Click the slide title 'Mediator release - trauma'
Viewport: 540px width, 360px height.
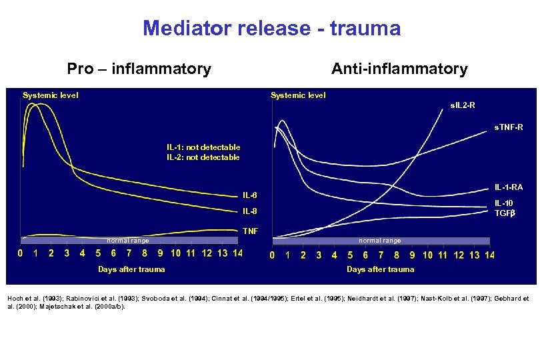pyautogui.click(x=271, y=29)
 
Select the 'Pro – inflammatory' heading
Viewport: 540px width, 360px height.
pyautogui.click(x=139, y=69)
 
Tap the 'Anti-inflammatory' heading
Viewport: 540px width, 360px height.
pyautogui.click(x=399, y=69)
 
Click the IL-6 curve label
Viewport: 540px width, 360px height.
pyautogui.click(x=249, y=195)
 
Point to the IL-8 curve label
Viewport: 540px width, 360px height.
pyautogui.click(x=249, y=211)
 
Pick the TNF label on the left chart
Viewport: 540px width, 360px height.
pyautogui.click(x=250, y=231)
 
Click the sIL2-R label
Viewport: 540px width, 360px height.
pyautogui.click(x=463, y=105)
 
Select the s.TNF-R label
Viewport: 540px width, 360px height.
pyautogui.click(x=508, y=127)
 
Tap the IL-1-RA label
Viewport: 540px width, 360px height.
pyautogui.click(x=508, y=187)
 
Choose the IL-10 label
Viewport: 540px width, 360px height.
pyautogui.click(x=504, y=203)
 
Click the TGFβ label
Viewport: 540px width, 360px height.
pyautogui.click(x=505, y=213)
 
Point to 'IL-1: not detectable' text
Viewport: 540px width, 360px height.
pyautogui.click(x=203, y=147)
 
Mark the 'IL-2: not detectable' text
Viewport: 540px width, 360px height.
pyautogui.click(x=203, y=157)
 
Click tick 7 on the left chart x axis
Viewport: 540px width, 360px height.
pyautogui.click(x=129, y=253)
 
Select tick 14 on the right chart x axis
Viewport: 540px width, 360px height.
pyautogui.click(x=489, y=255)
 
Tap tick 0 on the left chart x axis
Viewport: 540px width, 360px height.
pyautogui.click(x=20, y=253)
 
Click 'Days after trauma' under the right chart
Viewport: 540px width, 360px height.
pyautogui.click(x=380, y=269)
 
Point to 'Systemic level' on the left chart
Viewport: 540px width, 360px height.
pyautogui.click(x=51, y=95)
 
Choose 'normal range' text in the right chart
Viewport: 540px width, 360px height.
pyautogui.click(x=380, y=241)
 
